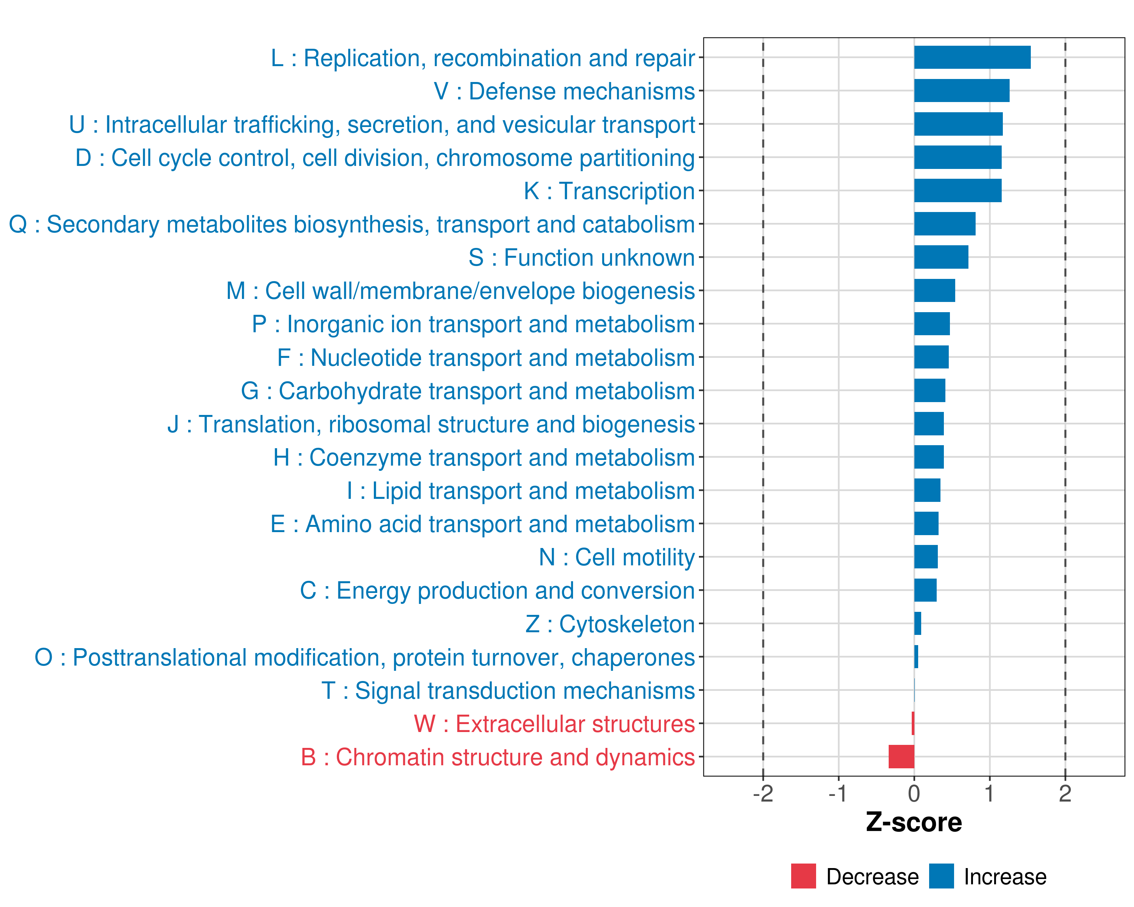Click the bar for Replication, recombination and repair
tap(972, 57)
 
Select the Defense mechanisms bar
tap(962, 90)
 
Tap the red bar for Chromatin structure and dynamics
tap(902, 757)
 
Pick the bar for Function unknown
tap(941, 257)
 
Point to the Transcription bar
tap(957, 190)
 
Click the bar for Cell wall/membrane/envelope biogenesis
tap(934, 290)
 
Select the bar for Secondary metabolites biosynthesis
tap(945, 224)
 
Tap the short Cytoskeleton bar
tap(918, 624)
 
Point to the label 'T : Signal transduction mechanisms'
tap(508, 690)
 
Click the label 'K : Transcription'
tap(609, 191)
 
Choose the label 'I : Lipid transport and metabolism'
tap(521, 491)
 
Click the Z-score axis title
tap(914, 822)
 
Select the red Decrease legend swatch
tap(803, 876)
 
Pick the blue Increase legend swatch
tap(941, 876)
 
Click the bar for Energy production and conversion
tap(925, 590)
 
